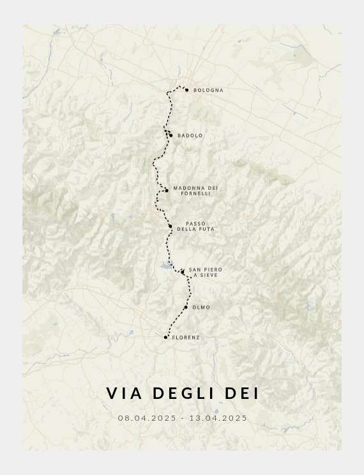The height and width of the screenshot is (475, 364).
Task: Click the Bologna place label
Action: coord(208,90)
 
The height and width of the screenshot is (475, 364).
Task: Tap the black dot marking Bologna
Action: coord(186,90)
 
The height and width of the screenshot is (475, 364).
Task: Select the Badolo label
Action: coord(190,136)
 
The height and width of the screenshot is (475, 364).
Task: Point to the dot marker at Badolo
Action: coord(171,135)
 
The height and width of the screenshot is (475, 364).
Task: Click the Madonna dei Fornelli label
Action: coord(195,191)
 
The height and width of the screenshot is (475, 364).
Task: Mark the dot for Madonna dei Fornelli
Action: coord(166,190)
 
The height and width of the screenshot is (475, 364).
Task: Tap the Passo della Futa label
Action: coord(195,226)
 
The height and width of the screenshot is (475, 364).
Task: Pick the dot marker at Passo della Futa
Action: coord(171,226)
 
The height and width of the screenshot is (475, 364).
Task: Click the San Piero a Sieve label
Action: coord(205,272)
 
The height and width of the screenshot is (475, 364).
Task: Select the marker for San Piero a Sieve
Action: coord(183,272)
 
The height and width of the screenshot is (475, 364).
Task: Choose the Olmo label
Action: coord(201,308)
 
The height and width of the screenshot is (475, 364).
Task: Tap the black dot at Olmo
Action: coord(186,308)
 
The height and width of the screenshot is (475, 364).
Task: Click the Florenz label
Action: coord(186,338)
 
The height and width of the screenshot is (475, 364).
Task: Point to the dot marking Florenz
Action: coord(165,337)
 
